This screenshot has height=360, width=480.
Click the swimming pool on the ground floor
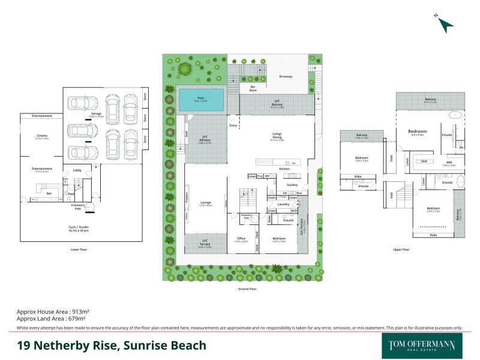tap(201, 100)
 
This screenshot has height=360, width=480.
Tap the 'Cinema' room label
tap(41, 136)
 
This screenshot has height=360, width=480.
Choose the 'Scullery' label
tap(292, 185)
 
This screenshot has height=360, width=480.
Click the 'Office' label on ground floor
tap(242, 239)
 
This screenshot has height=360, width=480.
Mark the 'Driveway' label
tap(286, 77)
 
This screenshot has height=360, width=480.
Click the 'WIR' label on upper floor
tap(449, 162)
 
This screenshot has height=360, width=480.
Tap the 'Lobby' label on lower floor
tap(77, 170)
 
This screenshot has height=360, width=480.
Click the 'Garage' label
tap(95, 112)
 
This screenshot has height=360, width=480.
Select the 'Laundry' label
tap(284, 204)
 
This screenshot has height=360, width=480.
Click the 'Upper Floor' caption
tap(401, 249)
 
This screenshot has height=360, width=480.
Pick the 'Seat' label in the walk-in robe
tap(424, 161)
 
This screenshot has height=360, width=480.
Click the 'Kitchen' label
tap(284, 169)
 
